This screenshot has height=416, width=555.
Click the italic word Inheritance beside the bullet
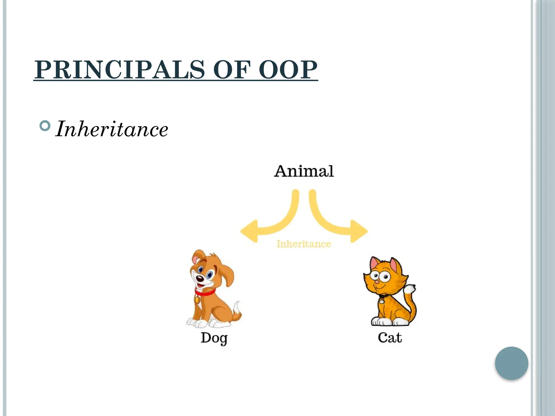pyautogui.click(x=112, y=129)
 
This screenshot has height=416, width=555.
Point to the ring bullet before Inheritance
pyautogui.click(x=45, y=126)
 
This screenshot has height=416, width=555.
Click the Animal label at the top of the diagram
pyautogui.click(x=304, y=171)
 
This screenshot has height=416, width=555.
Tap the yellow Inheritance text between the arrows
pyautogui.click(x=304, y=244)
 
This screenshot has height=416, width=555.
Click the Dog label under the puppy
pyautogui.click(x=214, y=338)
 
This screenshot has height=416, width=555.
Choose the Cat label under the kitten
pyautogui.click(x=390, y=338)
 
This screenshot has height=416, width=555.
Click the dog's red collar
pyautogui.click(x=205, y=292)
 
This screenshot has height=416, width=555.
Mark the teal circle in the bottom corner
pyautogui.click(x=511, y=363)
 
